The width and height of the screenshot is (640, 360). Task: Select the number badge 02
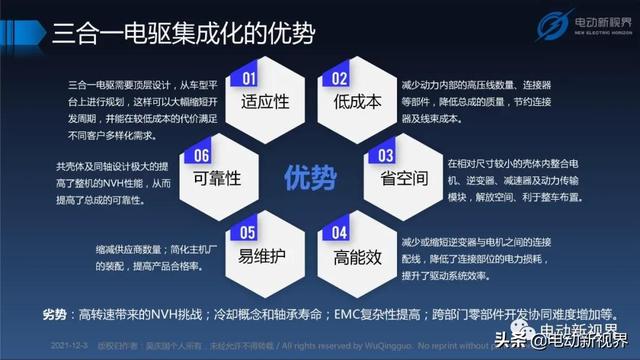pos(340,77)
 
